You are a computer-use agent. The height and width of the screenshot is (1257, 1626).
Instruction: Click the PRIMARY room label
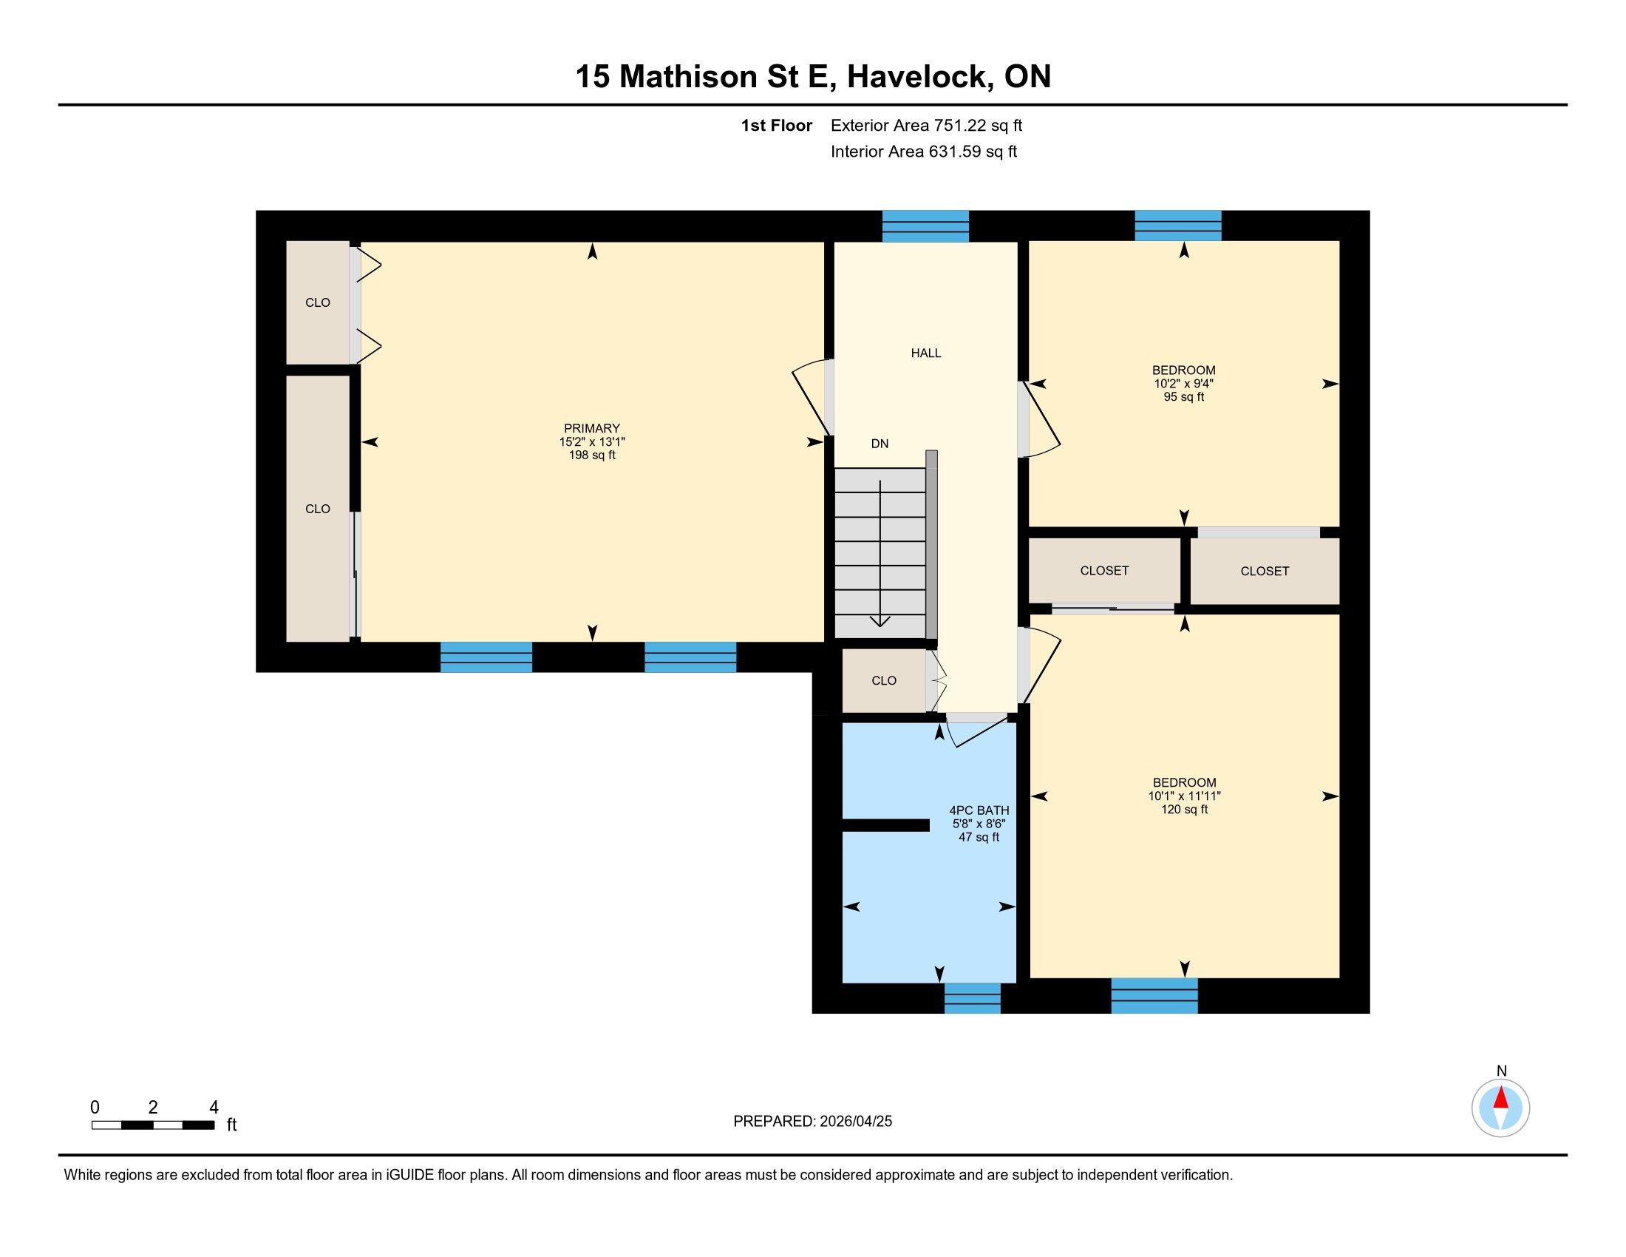[592, 428]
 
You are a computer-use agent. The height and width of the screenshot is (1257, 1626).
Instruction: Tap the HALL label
[926, 353]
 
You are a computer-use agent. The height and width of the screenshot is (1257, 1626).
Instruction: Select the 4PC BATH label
[979, 810]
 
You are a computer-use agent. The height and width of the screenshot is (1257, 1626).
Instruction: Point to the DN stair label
[880, 444]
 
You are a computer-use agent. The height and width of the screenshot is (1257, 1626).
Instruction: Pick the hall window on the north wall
[925, 226]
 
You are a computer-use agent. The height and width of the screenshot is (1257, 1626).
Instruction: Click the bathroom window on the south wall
[973, 998]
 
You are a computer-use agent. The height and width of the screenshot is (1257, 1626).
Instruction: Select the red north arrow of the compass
[1501, 1097]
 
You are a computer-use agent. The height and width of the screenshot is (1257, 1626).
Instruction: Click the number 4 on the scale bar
[214, 1108]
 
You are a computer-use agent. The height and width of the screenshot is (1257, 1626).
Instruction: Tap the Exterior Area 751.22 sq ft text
[926, 125]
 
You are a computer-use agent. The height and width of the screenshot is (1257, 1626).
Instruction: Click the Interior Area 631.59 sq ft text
[924, 152]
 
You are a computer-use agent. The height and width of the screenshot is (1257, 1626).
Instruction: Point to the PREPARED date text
[812, 1122]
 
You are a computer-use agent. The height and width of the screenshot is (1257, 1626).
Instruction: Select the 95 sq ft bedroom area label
[1184, 397]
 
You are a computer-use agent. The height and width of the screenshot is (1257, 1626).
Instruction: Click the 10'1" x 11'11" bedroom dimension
[1185, 796]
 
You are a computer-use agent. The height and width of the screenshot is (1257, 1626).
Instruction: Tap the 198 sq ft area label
[592, 455]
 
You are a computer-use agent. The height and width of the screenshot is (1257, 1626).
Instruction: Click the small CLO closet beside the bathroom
[884, 680]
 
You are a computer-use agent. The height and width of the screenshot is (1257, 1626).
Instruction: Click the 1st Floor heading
[777, 125]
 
